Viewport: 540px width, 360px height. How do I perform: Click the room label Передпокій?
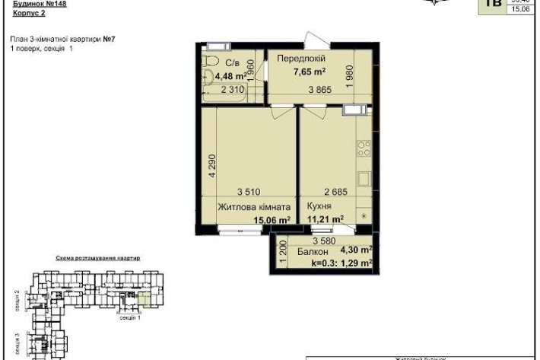pyautogui.click(x=301, y=59)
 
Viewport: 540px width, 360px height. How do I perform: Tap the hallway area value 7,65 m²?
pyautogui.click(x=310, y=72)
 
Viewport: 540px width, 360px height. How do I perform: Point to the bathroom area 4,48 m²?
pyautogui.click(x=230, y=76)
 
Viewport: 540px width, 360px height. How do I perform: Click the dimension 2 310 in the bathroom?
pyautogui.click(x=234, y=90)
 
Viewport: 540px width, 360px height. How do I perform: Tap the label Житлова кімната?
pyautogui.click(x=254, y=206)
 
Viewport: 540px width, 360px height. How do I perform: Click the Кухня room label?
pyautogui.click(x=322, y=206)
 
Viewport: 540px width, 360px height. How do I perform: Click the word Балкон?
pyautogui.click(x=313, y=251)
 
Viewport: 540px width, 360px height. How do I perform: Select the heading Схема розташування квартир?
pyautogui.click(x=97, y=259)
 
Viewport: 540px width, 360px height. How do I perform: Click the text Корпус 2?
pyautogui.click(x=30, y=14)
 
